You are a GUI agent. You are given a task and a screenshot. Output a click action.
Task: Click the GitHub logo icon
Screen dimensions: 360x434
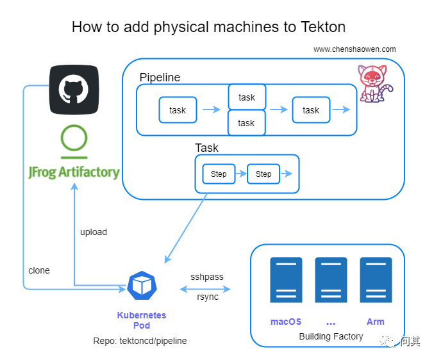74,90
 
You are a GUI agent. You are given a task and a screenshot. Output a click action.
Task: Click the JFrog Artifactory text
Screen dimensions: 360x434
74,172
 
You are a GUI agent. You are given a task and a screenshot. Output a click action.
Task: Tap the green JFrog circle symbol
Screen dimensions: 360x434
74,140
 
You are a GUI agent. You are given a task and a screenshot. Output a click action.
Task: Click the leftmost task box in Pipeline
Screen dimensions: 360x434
178,110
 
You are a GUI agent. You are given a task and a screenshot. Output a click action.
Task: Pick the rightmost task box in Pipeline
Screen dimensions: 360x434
311,110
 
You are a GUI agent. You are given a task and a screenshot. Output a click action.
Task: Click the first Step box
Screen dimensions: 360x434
219,174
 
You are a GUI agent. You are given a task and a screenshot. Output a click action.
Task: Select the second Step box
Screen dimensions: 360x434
263,174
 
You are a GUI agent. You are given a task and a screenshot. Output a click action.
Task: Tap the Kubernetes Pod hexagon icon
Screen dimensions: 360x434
141,286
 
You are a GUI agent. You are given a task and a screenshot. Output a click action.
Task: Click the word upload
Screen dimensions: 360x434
94,232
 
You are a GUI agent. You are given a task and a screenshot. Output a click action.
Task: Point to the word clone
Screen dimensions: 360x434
39,270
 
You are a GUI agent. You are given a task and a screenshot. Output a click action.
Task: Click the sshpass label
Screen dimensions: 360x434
207,277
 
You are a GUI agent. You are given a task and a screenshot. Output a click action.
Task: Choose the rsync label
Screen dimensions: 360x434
207,297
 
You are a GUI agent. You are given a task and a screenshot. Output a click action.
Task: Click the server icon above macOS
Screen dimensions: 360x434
286,280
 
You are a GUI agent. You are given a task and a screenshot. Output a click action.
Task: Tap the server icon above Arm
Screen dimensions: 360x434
376,280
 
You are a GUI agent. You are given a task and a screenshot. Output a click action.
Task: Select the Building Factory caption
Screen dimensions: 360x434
331,336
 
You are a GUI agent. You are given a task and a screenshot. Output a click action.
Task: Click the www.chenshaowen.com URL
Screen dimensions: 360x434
355,49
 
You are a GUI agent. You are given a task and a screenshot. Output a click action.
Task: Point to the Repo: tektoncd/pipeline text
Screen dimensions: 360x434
140,341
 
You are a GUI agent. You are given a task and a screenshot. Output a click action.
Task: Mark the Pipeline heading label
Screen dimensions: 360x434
160,78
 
